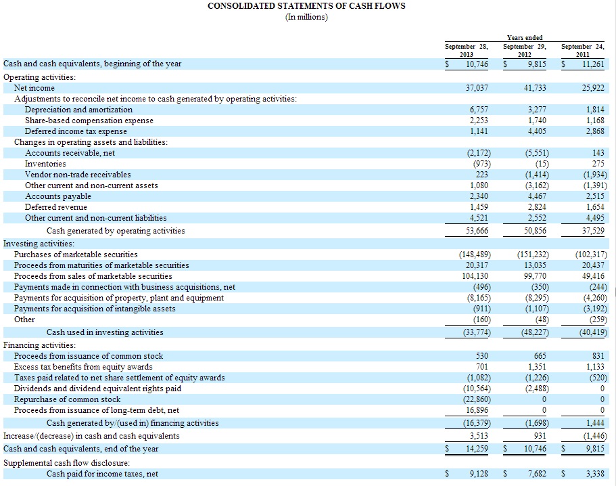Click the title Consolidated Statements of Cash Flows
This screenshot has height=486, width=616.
click(x=306, y=6)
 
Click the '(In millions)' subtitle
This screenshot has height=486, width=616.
click(x=307, y=17)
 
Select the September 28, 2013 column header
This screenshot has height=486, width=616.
click(x=466, y=50)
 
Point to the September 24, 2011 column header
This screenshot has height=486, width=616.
click(x=583, y=50)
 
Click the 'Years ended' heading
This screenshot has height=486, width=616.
click(x=524, y=37)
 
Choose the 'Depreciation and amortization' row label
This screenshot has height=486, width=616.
click(x=78, y=110)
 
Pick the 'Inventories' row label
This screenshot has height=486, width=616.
click(x=45, y=164)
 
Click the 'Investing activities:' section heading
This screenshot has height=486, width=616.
click(x=39, y=243)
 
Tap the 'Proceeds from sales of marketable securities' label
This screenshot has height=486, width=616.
click(x=93, y=276)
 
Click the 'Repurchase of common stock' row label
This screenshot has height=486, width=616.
click(x=67, y=399)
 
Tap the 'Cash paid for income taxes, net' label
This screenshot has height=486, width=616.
click(x=102, y=474)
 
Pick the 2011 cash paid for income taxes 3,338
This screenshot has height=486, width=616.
click(x=594, y=474)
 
